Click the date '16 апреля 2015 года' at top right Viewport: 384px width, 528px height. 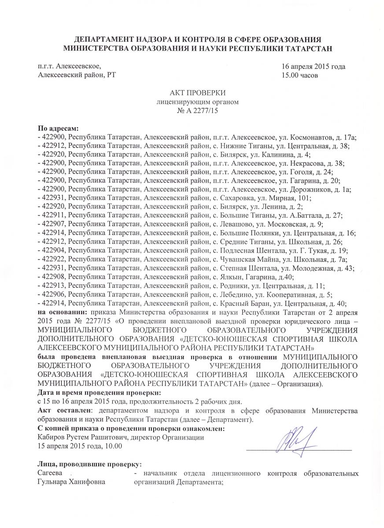(313, 67)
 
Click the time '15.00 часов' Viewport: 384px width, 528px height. (299, 75)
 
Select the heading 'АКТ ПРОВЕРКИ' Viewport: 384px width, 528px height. (192, 93)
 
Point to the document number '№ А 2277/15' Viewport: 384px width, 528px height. (192, 111)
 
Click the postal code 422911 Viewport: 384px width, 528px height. (54, 216)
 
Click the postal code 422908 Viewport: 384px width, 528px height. (54, 277)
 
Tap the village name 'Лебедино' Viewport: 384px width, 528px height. (233, 294)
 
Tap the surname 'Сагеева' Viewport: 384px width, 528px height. (51, 473)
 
